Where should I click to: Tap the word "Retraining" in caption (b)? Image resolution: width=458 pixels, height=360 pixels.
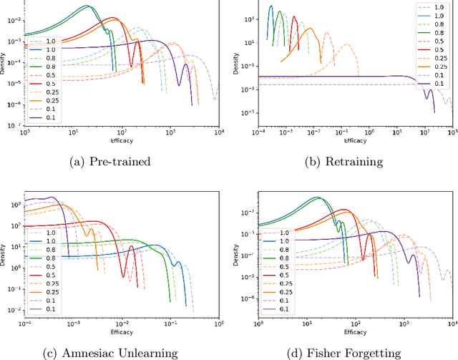pyautogui.click(x=356, y=161)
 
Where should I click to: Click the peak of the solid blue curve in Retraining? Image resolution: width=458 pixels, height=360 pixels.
pyautogui.click(x=271, y=6)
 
